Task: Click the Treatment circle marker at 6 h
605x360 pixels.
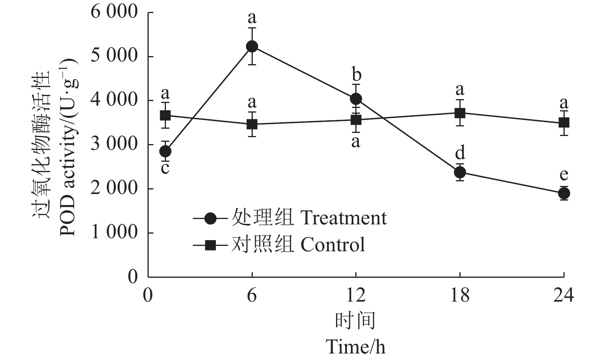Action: click(x=252, y=46)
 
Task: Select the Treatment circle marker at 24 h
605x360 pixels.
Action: click(x=564, y=193)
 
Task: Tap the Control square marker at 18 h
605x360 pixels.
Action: click(x=460, y=113)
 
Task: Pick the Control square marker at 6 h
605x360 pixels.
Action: click(x=252, y=124)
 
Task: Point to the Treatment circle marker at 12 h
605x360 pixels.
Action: click(x=356, y=99)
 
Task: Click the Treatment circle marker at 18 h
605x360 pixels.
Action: click(x=460, y=172)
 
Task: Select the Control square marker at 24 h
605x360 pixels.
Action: click(x=564, y=123)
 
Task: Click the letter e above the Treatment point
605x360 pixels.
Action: click(x=564, y=175)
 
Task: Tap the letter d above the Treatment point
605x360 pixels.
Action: click(x=460, y=153)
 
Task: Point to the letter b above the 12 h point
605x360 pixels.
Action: click(x=356, y=75)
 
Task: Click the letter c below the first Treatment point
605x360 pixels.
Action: click(x=165, y=168)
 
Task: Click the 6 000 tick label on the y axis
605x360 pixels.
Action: click(x=114, y=12)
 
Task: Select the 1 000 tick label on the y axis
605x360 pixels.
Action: click(x=114, y=232)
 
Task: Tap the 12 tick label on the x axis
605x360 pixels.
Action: click(x=356, y=295)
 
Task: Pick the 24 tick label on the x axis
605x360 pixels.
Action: click(x=564, y=295)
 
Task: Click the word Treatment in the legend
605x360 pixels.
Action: click(x=343, y=218)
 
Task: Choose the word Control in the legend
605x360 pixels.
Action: click(x=333, y=245)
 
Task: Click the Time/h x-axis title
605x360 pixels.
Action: click(x=356, y=347)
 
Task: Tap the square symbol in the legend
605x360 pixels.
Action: click(x=210, y=245)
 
